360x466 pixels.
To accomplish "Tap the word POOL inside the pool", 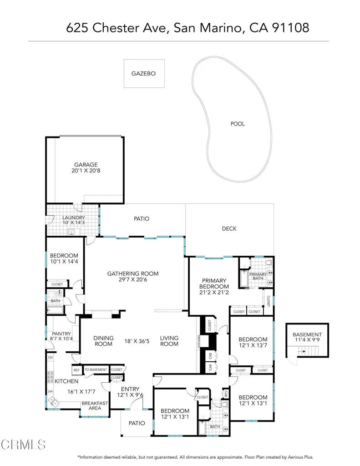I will tap(237, 124).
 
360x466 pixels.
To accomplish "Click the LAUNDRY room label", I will tap(73, 218).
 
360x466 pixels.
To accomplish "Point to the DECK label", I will tap(229, 228).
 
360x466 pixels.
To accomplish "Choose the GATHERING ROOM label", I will tap(132, 274).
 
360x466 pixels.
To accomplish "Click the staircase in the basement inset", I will tap(310, 351).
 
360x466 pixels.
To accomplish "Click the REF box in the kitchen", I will tap(76, 370).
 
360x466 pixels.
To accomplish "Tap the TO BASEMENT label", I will tap(96, 370).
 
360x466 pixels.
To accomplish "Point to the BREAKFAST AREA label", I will tap(95, 405).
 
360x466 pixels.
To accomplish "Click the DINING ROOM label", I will tap(103, 341).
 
